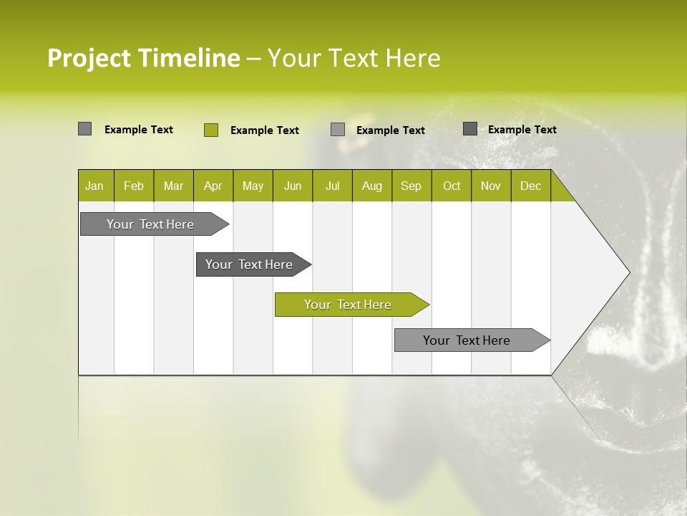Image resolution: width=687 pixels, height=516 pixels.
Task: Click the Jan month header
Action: click(94, 186)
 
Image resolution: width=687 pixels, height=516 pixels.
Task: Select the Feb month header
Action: click(134, 186)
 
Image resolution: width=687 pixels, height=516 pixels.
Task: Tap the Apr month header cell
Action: click(213, 186)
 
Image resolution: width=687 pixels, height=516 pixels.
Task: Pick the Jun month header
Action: click(293, 186)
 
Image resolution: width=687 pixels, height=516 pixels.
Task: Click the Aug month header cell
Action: click(372, 186)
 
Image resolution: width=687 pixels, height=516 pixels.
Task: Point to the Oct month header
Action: click(452, 186)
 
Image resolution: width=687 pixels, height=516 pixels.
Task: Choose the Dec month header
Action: click(531, 186)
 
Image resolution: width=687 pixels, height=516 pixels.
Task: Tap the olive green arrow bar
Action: click(349, 305)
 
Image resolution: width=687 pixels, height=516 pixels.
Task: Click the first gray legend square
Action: click(84, 129)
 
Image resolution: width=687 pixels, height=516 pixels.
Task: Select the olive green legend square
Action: click(210, 130)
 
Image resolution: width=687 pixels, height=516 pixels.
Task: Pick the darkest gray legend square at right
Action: click(470, 129)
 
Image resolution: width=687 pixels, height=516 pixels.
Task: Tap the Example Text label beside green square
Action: click(264, 130)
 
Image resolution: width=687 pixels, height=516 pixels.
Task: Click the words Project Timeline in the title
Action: click(143, 57)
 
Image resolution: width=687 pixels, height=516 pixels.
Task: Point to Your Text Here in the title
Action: click(354, 57)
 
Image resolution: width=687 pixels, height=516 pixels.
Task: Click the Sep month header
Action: click(411, 186)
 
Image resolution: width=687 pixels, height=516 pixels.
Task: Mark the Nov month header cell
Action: click(491, 186)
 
